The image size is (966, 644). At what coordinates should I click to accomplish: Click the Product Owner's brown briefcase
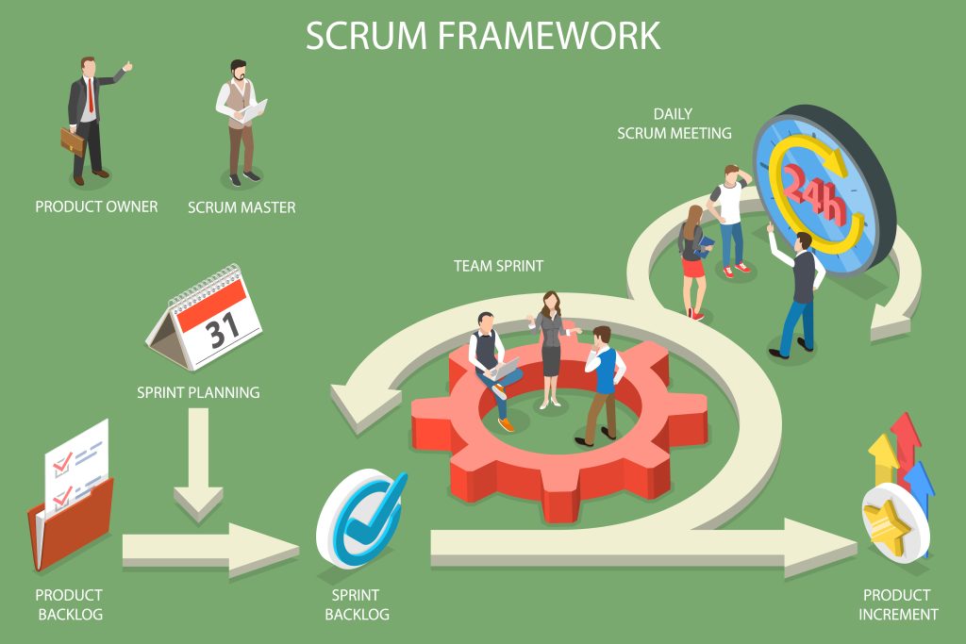pyautogui.click(x=73, y=141)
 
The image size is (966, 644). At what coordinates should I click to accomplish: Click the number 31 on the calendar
pyautogui.click(x=223, y=330)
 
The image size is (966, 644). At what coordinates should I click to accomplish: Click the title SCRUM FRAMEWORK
pyautogui.click(x=483, y=36)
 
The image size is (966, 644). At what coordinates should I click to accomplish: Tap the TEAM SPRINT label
pyautogui.click(x=498, y=266)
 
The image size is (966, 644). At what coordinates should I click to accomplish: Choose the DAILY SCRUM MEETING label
pyautogui.click(x=674, y=124)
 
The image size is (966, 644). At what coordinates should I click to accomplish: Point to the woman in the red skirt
pyautogui.click(x=693, y=259)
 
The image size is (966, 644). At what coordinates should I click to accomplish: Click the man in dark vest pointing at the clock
pyautogui.click(x=799, y=292)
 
